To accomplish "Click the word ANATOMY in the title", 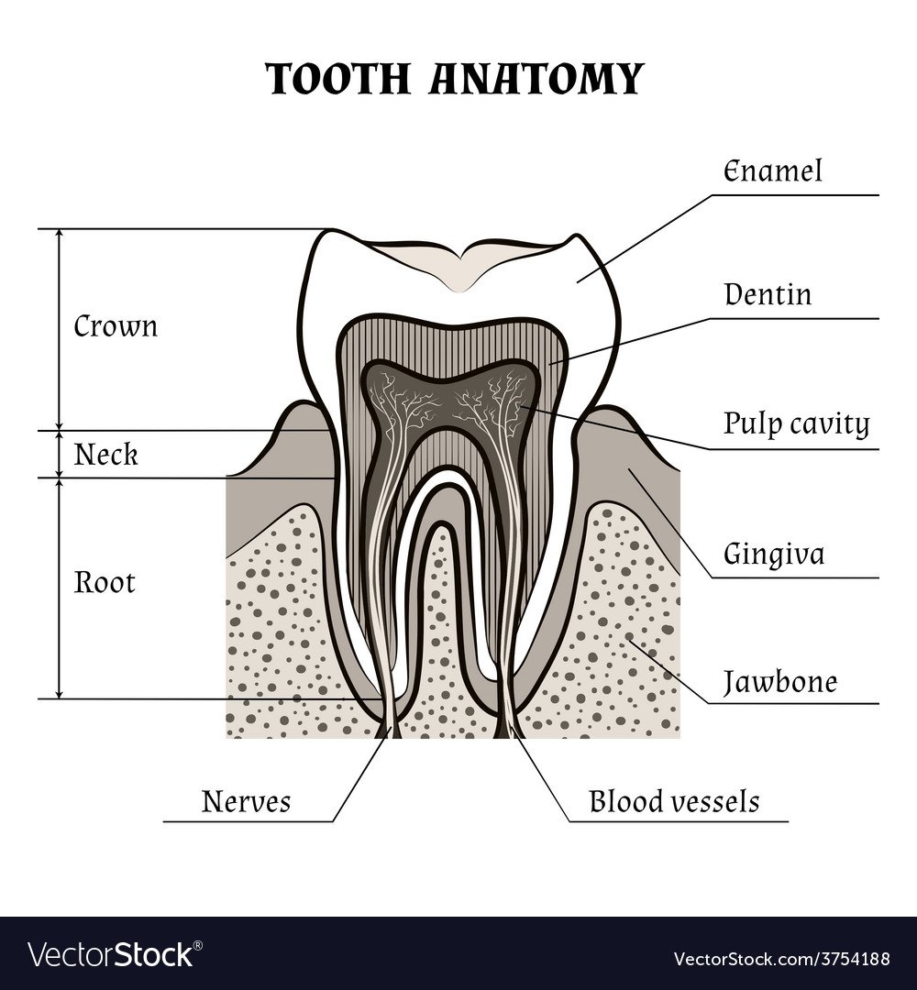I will click(x=535, y=80).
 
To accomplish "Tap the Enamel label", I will click(x=773, y=171).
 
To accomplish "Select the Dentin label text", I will click(x=768, y=295).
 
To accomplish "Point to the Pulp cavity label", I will click(x=796, y=424).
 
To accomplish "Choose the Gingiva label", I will click(x=774, y=555).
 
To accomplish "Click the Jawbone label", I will click(x=779, y=683).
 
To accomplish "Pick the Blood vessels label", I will click(x=674, y=802).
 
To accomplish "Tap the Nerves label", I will click(x=246, y=802).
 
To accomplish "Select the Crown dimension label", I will click(x=116, y=326).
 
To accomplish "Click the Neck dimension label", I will click(x=106, y=454).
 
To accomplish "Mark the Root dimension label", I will click(x=105, y=583).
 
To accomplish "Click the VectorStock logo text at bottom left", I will click(x=111, y=953).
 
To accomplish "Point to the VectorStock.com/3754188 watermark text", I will click(x=781, y=959).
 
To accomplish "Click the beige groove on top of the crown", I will click(x=462, y=266).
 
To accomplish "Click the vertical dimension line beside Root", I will click(x=60, y=587).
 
